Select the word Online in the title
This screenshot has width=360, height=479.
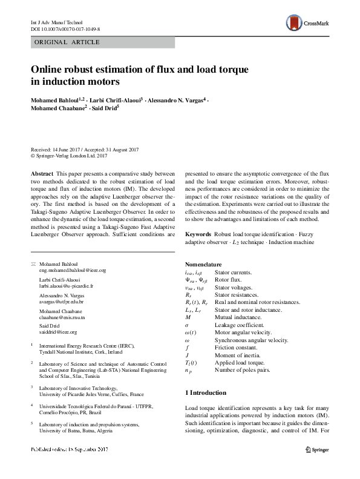point(48,68)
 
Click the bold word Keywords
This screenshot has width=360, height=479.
point(197,233)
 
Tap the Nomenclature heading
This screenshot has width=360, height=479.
point(204,265)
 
